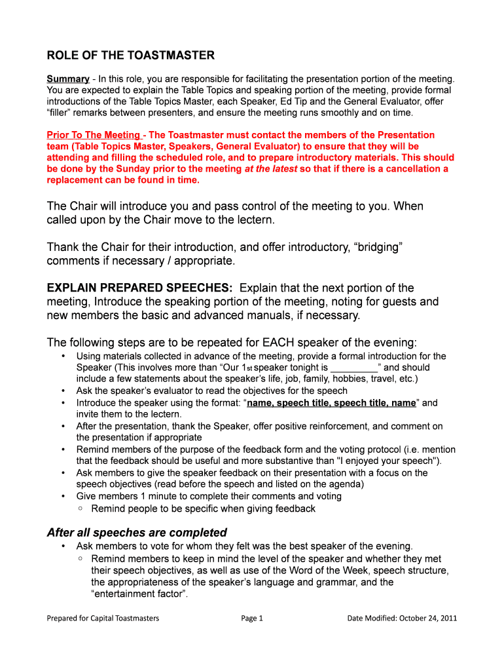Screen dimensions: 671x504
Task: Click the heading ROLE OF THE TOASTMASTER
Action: pos(130,55)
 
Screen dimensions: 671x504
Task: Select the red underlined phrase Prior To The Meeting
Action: pos(93,135)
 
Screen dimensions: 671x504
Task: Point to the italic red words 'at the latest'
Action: pos(270,168)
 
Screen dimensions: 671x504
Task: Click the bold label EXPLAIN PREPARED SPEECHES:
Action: pos(139,288)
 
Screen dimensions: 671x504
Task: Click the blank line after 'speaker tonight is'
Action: pos(354,368)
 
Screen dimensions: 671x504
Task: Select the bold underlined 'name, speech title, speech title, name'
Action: pos(331,403)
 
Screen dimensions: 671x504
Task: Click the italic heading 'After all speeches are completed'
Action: pos(137,532)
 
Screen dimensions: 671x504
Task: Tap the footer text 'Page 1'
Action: pos(252,618)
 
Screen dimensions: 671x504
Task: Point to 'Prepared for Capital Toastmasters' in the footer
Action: pos(103,618)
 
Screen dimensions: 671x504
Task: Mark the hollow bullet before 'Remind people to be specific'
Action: pos(80,508)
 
